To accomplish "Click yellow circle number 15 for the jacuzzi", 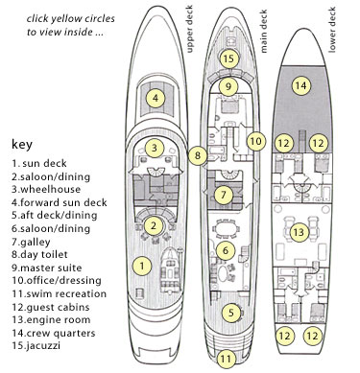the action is click(x=229, y=58).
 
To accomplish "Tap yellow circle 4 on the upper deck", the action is click(x=156, y=98).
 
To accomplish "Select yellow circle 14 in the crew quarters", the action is click(x=301, y=85).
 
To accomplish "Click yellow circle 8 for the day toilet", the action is click(x=198, y=155).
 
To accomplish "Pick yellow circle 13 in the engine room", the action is click(x=299, y=232).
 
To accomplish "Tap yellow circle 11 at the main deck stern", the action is click(x=226, y=359).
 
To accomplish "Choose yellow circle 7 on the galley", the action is click(x=224, y=195).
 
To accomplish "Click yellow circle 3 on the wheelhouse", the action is click(x=155, y=148).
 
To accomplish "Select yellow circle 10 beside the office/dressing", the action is click(x=256, y=141).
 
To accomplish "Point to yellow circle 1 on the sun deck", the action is click(x=142, y=266).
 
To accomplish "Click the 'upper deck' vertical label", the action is click(x=189, y=29).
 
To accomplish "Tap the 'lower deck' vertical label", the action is click(x=332, y=30).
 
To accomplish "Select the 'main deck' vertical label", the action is click(x=264, y=31).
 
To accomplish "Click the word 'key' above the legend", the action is click(x=22, y=145).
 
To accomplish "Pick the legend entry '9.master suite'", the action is click(x=47, y=268).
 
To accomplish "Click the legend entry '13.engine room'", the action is click(x=51, y=319).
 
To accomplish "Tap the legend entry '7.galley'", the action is click(x=31, y=242).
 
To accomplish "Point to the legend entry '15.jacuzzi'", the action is click(x=36, y=345).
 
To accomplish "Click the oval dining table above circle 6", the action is click(x=226, y=229).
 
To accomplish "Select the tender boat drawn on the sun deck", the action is click(x=170, y=270).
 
